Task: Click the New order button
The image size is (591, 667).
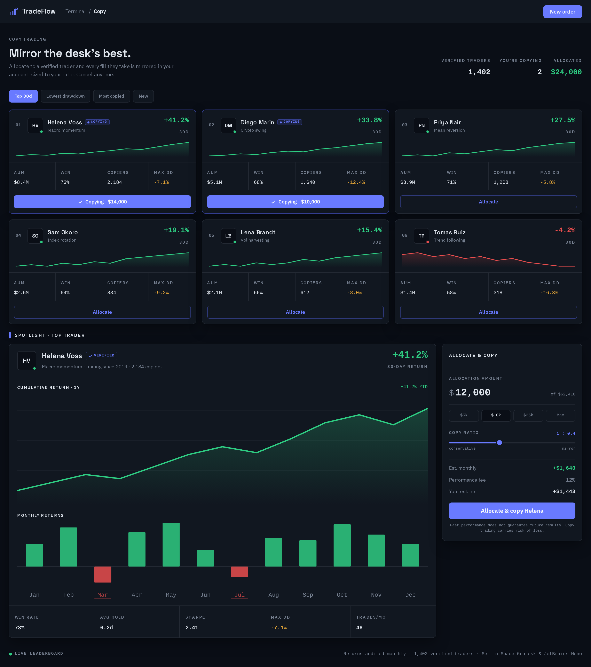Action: tap(562, 12)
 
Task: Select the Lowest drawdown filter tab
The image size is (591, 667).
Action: tap(65, 96)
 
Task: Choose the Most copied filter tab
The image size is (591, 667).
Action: tap(111, 96)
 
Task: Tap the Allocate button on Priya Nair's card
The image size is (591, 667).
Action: tap(488, 202)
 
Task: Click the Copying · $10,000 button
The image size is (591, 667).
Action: tap(295, 202)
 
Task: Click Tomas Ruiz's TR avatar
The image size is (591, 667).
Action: tap(421, 236)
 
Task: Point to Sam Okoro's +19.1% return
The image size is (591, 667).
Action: tap(176, 230)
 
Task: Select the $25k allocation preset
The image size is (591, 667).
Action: tap(528, 415)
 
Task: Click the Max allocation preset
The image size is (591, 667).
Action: tap(560, 415)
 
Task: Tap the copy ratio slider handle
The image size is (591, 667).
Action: tap(499, 442)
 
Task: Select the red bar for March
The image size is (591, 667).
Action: tap(103, 574)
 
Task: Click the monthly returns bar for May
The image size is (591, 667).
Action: tap(171, 545)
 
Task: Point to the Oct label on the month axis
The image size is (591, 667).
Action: tap(342, 595)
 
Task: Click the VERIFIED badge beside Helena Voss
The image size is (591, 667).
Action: tap(102, 356)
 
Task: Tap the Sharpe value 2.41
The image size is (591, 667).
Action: tap(192, 627)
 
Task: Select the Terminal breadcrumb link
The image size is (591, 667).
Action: tap(76, 11)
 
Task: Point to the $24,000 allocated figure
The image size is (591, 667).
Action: tap(566, 72)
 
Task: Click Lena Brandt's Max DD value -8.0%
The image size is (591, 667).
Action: tap(355, 293)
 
